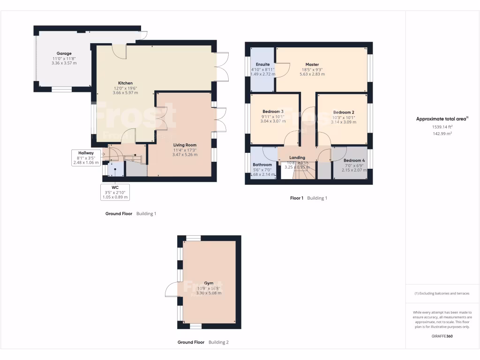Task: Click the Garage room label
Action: click(x=64, y=53)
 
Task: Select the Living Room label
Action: click(x=185, y=145)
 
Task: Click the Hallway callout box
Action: click(x=86, y=157)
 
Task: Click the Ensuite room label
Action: click(x=262, y=64)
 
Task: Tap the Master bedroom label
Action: click(x=312, y=65)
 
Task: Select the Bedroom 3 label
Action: click(x=272, y=112)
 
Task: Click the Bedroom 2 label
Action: click(x=344, y=112)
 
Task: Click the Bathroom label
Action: click(x=262, y=165)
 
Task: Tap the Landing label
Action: click(x=297, y=157)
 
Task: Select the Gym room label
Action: click(x=209, y=284)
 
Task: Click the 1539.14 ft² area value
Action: click(x=442, y=127)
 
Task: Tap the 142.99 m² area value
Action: click(x=442, y=134)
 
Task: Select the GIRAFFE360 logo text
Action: click(x=442, y=336)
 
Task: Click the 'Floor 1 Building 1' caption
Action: click(x=308, y=198)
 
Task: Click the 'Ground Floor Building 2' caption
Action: click(x=203, y=342)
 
